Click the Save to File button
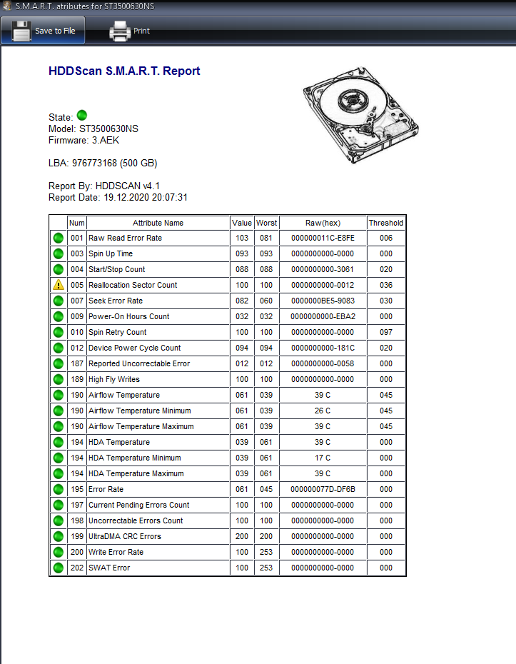43,31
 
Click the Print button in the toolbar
129,31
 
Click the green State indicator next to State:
81,115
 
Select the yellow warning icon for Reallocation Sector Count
59,285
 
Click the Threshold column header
386,223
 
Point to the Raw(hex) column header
323,223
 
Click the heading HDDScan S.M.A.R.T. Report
124,71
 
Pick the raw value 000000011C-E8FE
323,238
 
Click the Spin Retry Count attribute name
118,332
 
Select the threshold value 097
386,332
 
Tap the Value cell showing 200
242,536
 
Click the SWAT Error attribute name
109,568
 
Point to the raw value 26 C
323,411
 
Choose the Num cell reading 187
77,363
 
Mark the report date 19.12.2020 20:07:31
146,197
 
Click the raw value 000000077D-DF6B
323,489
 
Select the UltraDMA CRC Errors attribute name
125,536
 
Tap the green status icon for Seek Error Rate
59,301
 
